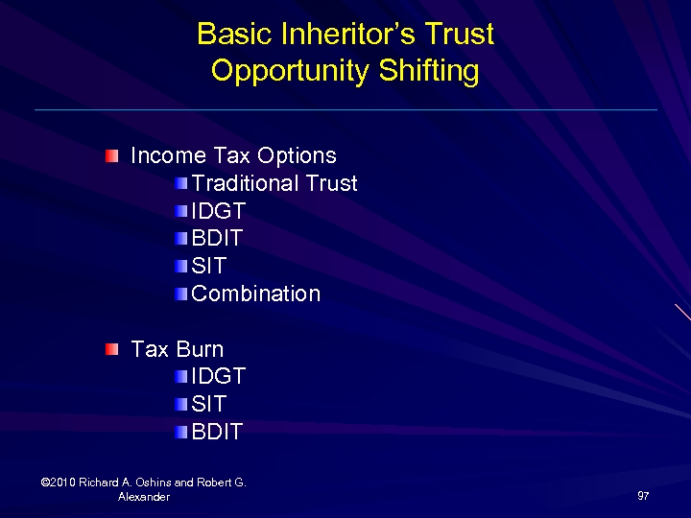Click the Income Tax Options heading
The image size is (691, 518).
tap(233, 155)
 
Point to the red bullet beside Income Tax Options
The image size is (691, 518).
tap(113, 154)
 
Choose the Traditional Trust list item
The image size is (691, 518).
tap(274, 183)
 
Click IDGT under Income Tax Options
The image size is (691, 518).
tap(219, 211)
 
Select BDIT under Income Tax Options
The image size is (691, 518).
tap(218, 238)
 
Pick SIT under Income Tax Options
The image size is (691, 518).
tap(208, 266)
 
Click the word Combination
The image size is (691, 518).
tap(256, 294)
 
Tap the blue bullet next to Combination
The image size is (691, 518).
tap(182, 294)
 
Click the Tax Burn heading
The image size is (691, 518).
tap(177, 349)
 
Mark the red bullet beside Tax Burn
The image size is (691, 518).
tap(113, 348)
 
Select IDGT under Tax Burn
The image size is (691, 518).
tap(219, 377)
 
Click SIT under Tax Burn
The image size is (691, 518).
tap(208, 404)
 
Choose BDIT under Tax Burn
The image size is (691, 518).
tap(218, 432)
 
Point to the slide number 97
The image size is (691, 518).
tap(643, 496)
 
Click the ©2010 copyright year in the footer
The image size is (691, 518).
tap(60, 483)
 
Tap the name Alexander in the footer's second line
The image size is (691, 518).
tap(143, 497)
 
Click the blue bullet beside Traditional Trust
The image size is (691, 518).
tap(182, 183)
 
